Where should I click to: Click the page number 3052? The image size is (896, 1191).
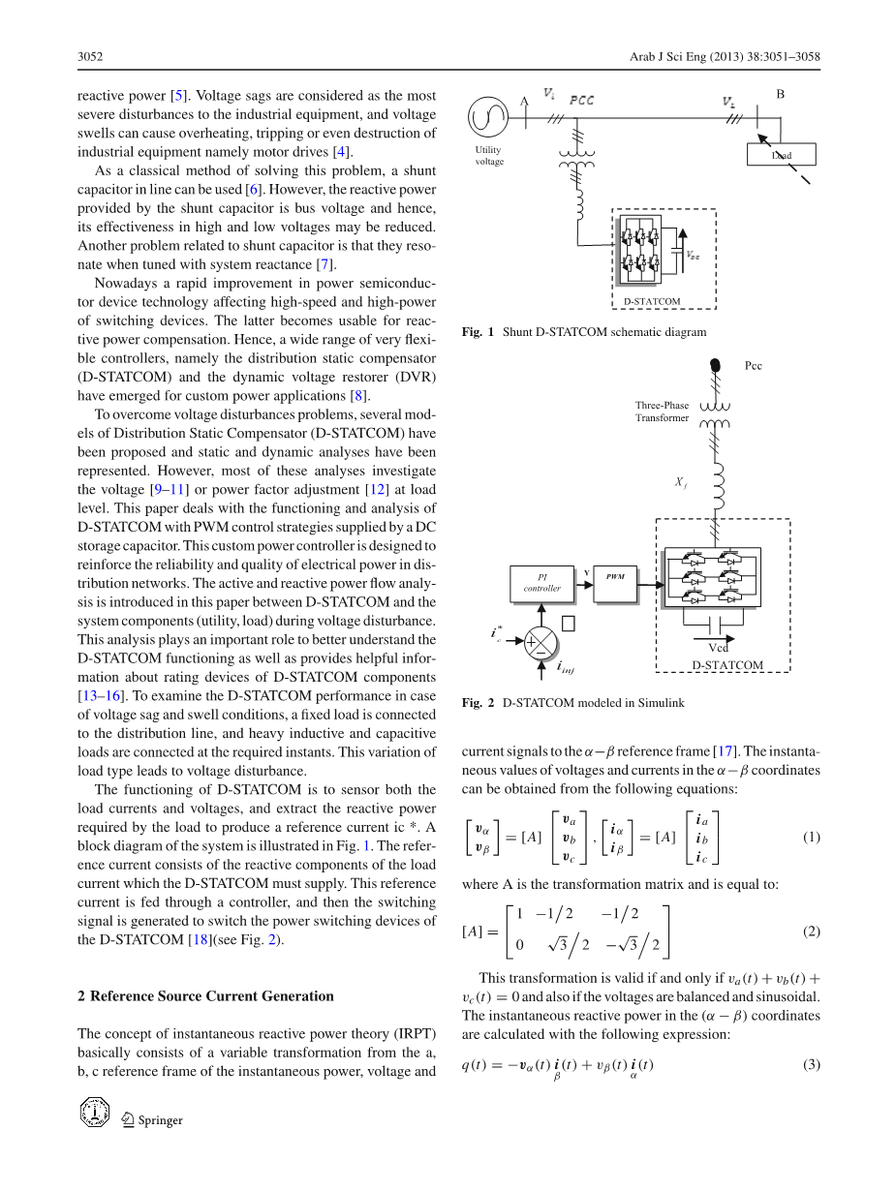click(x=90, y=58)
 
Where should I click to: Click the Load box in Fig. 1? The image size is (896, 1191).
click(x=781, y=154)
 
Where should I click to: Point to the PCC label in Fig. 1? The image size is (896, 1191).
click(x=582, y=100)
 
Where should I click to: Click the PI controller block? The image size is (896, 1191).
click(x=541, y=582)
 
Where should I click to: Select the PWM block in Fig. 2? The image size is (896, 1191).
click(x=616, y=578)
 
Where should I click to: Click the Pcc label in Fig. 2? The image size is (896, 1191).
click(x=753, y=366)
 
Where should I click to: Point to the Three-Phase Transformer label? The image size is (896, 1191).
click(x=663, y=412)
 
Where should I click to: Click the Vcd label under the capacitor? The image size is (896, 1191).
click(x=718, y=647)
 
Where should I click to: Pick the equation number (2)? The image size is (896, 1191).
click(x=811, y=931)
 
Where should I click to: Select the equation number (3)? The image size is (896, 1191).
click(x=811, y=1066)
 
